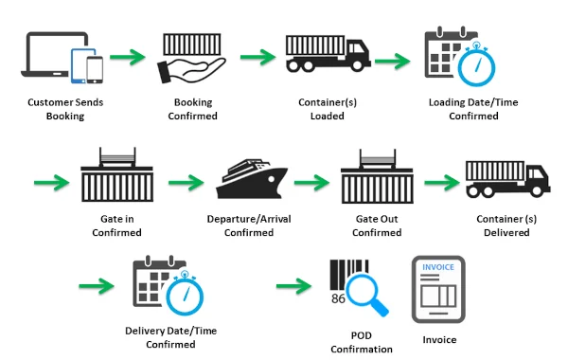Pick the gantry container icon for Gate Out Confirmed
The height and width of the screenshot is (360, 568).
[x=377, y=174]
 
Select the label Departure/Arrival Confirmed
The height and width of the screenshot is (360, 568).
[x=251, y=225]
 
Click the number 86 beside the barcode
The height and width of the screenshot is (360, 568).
[x=336, y=299]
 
